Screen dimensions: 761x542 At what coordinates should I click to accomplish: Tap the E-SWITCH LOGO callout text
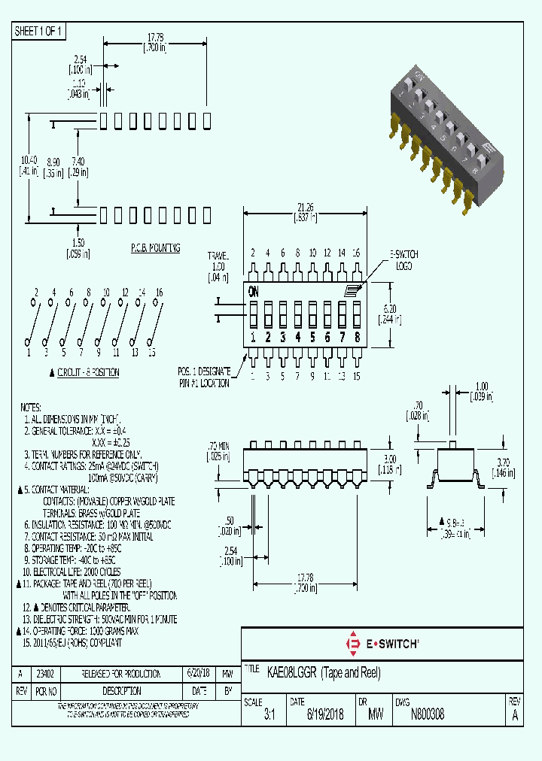point(403,259)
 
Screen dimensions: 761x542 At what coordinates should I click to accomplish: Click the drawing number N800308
point(427,715)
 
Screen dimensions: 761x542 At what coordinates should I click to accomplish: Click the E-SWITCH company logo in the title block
point(382,644)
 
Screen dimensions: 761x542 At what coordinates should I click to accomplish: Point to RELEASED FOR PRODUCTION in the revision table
point(122,673)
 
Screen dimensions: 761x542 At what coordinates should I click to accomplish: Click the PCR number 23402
point(46,673)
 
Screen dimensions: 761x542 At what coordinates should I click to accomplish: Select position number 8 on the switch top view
point(357,338)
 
